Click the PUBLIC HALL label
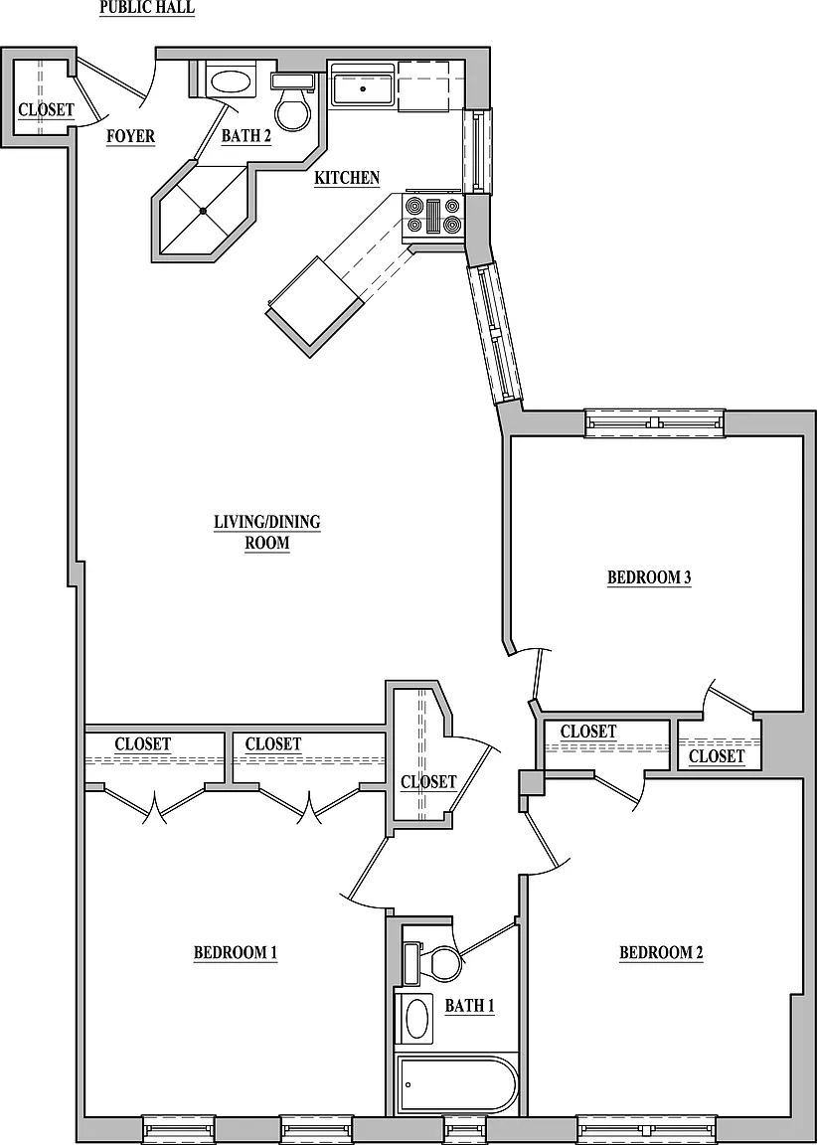tap(147, 8)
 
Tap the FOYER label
tap(130, 136)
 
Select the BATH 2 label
tap(246, 136)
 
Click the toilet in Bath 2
tap(293, 102)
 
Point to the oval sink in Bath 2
tap(231, 82)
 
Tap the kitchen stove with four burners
tap(433, 216)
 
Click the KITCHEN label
tap(347, 178)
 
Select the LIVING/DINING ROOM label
tap(267, 533)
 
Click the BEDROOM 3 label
tap(649, 577)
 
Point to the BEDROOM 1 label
tap(236, 953)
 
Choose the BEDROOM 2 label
tap(661, 953)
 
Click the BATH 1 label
tap(469, 1006)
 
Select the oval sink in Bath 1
tap(415, 1017)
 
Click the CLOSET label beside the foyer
tap(46, 109)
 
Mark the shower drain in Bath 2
tap(204, 211)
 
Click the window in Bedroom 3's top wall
tap(655, 423)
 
